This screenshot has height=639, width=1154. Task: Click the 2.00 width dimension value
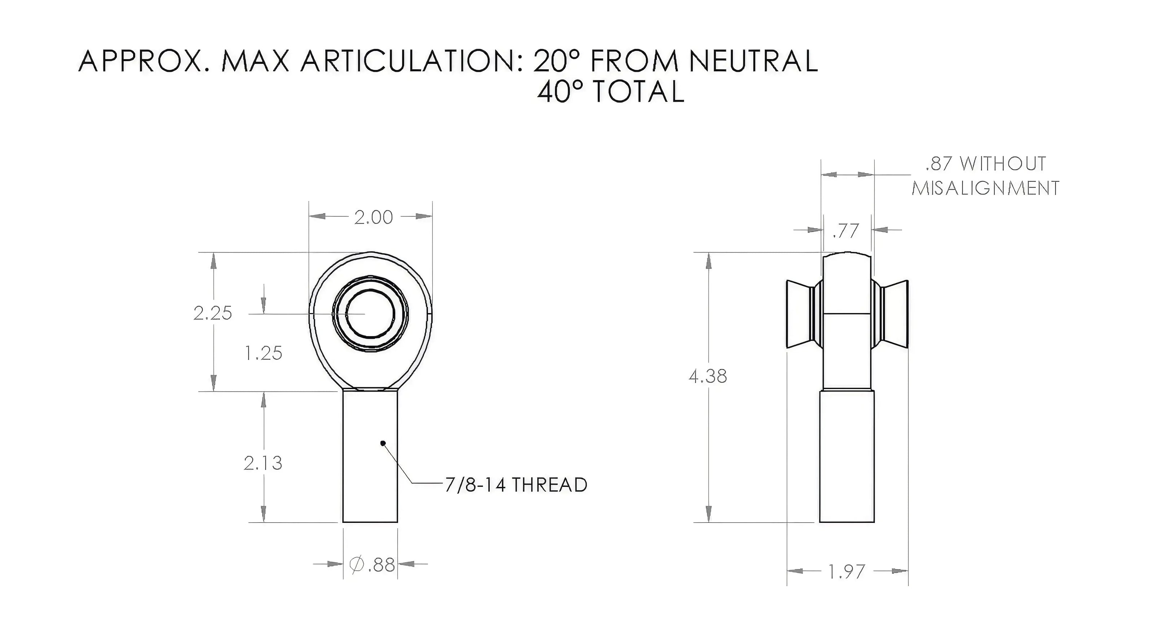point(373,217)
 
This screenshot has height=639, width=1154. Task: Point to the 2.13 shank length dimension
point(263,463)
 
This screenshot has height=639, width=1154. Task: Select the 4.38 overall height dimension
point(708,376)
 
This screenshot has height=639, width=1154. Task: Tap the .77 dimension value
point(846,231)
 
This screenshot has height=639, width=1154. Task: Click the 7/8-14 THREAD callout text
point(516,485)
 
